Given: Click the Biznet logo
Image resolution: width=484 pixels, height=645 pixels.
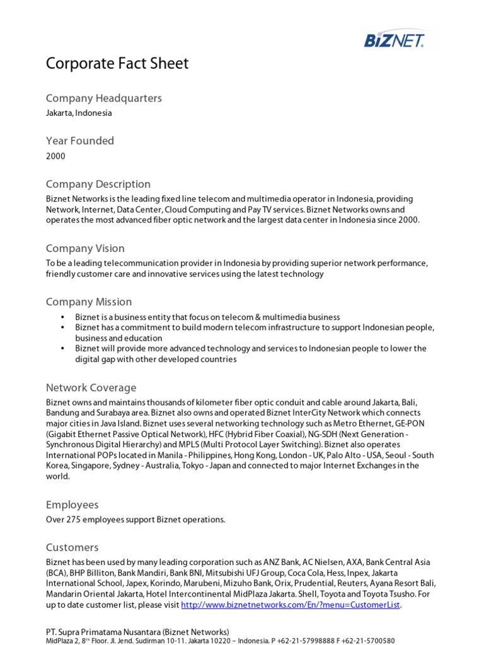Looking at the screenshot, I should [x=395, y=40].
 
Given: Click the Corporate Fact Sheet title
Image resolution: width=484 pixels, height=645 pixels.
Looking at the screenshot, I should [x=117, y=64].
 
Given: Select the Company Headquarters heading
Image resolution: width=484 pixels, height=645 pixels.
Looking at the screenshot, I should [x=103, y=98].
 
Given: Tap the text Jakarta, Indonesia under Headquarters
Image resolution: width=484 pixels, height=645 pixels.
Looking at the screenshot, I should [x=79, y=113].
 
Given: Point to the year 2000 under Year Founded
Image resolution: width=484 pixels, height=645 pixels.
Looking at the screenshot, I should [x=55, y=156].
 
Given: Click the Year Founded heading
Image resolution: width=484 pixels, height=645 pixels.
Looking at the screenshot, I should [x=80, y=141].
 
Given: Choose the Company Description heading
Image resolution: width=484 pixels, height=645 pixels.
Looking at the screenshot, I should [x=98, y=184].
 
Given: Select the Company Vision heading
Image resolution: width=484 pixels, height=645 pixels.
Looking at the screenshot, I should [x=85, y=248].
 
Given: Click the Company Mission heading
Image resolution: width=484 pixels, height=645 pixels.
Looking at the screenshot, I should [x=89, y=302].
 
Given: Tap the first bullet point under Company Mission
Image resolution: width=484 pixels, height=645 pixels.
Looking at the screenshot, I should [x=207, y=317].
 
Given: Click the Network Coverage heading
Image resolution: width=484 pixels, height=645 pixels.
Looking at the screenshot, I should [x=91, y=387].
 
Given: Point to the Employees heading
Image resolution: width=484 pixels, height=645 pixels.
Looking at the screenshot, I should [x=72, y=505].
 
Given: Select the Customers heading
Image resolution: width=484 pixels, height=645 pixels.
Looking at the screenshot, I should [x=72, y=547].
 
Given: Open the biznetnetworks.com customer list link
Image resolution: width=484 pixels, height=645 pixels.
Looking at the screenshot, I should [x=291, y=605].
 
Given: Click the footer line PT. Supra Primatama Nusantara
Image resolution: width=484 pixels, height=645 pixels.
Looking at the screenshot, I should [x=137, y=632].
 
